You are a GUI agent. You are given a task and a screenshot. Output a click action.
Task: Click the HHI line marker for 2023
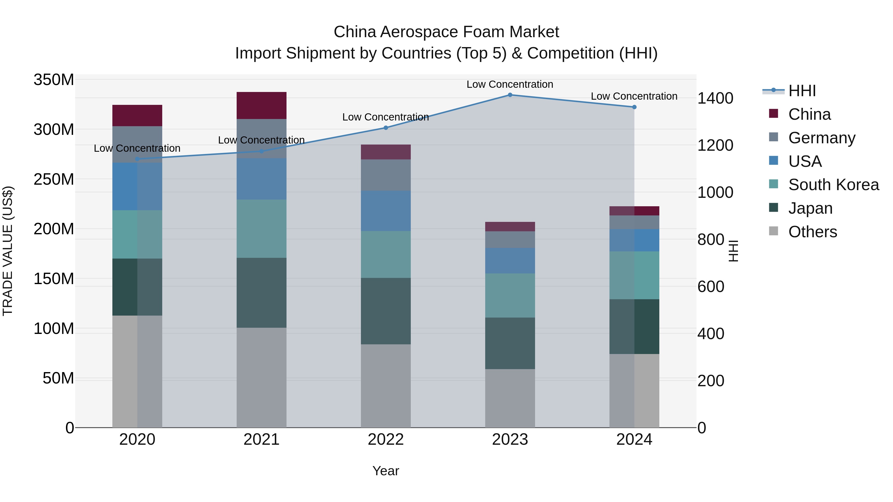510,95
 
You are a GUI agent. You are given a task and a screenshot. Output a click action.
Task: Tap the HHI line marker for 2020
137,159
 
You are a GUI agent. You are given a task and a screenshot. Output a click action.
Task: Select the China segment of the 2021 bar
261,105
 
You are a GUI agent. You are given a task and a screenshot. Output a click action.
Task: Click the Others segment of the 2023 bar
510,398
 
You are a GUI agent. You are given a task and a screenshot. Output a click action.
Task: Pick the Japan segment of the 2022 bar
385,311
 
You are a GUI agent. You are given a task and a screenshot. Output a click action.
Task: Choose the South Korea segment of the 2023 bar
510,295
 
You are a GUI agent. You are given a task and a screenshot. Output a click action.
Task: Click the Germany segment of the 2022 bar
385,175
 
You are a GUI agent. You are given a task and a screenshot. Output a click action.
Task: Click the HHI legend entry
801,91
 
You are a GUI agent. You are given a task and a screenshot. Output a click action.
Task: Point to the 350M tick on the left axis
54,80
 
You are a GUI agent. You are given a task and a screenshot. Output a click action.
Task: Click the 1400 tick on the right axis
715,98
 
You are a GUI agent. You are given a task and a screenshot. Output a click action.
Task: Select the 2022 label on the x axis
385,440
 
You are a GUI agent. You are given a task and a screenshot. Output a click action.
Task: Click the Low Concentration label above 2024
634,96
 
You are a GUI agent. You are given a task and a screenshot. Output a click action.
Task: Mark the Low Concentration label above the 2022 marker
385,117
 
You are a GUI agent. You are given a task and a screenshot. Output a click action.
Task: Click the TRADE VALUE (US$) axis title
8,251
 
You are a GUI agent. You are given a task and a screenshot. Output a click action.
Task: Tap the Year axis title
385,471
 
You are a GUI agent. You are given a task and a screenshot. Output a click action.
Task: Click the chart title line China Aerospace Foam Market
446,32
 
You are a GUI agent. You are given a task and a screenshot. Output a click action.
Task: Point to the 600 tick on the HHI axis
711,287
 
